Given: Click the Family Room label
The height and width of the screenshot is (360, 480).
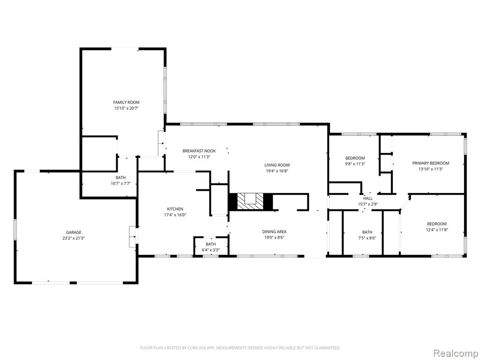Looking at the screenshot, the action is pyautogui.click(x=126, y=102).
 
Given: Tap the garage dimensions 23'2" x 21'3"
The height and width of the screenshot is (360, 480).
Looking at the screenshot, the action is pyautogui.click(x=74, y=238).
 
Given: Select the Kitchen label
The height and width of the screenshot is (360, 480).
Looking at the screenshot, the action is pyautogui.click(x=175, y=209).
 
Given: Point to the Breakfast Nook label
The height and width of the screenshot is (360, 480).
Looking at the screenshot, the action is pyautogui.click(x=199, y=151).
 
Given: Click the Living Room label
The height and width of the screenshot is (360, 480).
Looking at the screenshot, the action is pyautogui.click(x=277, y=165).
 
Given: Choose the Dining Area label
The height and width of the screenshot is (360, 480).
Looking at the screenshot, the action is pyautogui.click(x=274, y=232).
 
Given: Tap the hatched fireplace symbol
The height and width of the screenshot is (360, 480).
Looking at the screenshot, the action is pyautogui.click(x=251, y=202).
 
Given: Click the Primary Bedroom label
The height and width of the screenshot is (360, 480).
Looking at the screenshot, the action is pyautogui.click(x=431, y=163).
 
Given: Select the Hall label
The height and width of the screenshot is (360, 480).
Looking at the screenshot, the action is pyautogui.click(x=368, y=198).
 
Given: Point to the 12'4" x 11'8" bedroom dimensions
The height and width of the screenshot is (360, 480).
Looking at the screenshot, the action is pyautogui.click(x=437, y=230).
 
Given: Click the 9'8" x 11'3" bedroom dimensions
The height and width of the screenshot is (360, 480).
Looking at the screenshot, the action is pyautogui.click(x=355, y=164).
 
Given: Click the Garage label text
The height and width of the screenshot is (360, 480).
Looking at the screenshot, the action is pyautogui.click(x=74, y=232).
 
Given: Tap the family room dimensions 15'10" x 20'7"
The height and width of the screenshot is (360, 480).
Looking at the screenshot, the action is pyautogui.click(x=127, y=108).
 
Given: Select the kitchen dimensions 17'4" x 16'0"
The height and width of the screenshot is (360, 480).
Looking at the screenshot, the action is pyautogui.click(x=175, y=215).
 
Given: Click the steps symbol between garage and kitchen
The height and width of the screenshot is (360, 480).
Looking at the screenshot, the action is pyautogui.click(x=133, y=237).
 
